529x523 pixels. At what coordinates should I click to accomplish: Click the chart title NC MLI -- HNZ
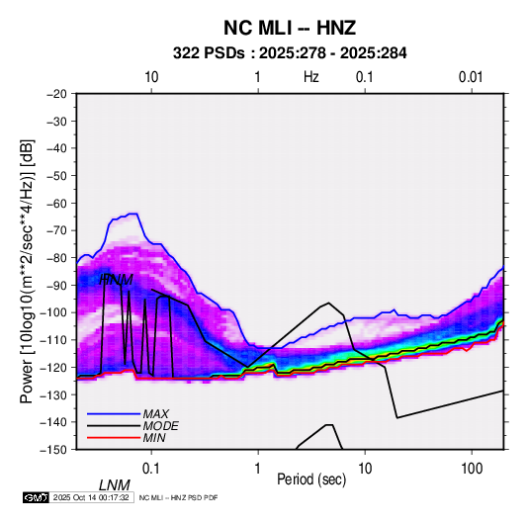(x=290, y=28)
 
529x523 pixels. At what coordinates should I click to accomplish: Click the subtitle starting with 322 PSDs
(x=290, y=53)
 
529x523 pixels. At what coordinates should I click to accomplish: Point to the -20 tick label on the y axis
(x=56, y=94)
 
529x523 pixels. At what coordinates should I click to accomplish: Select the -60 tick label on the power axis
(x=56, y=203)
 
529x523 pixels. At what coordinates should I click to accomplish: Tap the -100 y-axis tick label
(x=53, y=312)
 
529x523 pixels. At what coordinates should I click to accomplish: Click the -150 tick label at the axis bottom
(x=53, y=450)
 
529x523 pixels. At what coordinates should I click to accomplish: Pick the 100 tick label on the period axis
(x=472, y=469)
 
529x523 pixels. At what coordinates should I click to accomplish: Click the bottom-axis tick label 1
(x=258, y=469)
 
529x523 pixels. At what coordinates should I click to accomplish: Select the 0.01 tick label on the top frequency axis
(x=471, y=77)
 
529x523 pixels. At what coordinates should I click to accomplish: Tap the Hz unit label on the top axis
(x=311, y=77)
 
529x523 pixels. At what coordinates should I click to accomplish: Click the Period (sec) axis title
(x=311, y=479)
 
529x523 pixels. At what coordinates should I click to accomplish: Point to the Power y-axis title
(x=27, y=271)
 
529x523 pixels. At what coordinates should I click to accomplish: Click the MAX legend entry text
(x=155, y=413)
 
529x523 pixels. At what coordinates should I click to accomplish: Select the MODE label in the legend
(x=160, y=426)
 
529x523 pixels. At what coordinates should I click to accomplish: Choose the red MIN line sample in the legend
(x=114, y=438)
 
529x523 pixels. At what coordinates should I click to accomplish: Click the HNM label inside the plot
(x=116, y=280)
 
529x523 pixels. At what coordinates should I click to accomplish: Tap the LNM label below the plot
(x=115, y=485)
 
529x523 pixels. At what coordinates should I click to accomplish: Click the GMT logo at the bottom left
(x=37, y=497)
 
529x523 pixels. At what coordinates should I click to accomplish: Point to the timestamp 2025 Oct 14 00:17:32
(x=91, y=497)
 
